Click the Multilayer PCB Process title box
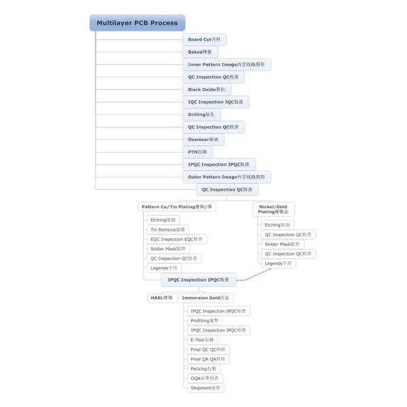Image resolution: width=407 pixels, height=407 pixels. tap(137, 23)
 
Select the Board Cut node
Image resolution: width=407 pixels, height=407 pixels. tap(204, 39)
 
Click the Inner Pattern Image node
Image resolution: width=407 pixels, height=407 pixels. tap(228, 64)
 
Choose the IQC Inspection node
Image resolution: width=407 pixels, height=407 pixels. tap(216, 102)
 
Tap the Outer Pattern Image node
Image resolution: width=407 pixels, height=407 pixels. tap(228, 177)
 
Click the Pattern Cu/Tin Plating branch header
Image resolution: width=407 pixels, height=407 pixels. tap(177, 206)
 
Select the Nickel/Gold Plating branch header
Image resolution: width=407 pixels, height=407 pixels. tap(274, 209)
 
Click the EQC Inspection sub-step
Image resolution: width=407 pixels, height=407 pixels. tap(176, 239)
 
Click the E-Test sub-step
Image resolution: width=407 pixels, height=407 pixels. tap(202, 339)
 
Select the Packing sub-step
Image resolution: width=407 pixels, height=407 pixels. tap(203, 368)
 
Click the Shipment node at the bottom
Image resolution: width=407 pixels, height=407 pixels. tap(206, 387)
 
